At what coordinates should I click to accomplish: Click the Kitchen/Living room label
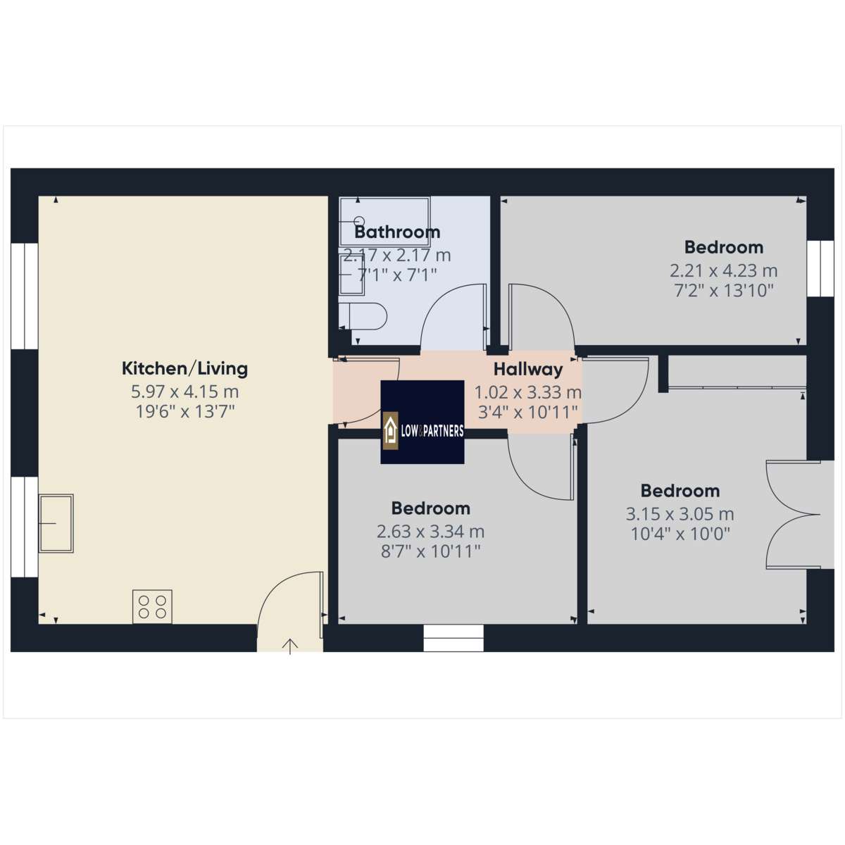point(184,369)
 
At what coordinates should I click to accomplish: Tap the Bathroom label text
point(397,232)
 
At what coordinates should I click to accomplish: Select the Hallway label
point(528,370)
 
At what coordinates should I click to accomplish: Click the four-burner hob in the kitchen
point(152,606)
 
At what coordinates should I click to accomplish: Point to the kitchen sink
point(56,523)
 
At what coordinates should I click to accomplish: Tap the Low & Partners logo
point(423,422)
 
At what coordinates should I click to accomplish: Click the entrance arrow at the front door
point(290,646)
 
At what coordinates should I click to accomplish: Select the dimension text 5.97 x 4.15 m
point(184,392)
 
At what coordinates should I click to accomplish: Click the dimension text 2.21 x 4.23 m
point(724,270)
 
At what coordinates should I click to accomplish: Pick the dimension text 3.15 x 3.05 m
point(680,514)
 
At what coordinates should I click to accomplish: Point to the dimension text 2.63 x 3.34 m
point(431,532)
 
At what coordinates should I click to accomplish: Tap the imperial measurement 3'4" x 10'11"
point(527,412)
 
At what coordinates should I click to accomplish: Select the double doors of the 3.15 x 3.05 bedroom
point(793,515)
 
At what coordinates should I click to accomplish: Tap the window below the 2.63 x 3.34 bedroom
point(453,638)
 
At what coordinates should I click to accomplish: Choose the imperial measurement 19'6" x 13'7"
point(185,412)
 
